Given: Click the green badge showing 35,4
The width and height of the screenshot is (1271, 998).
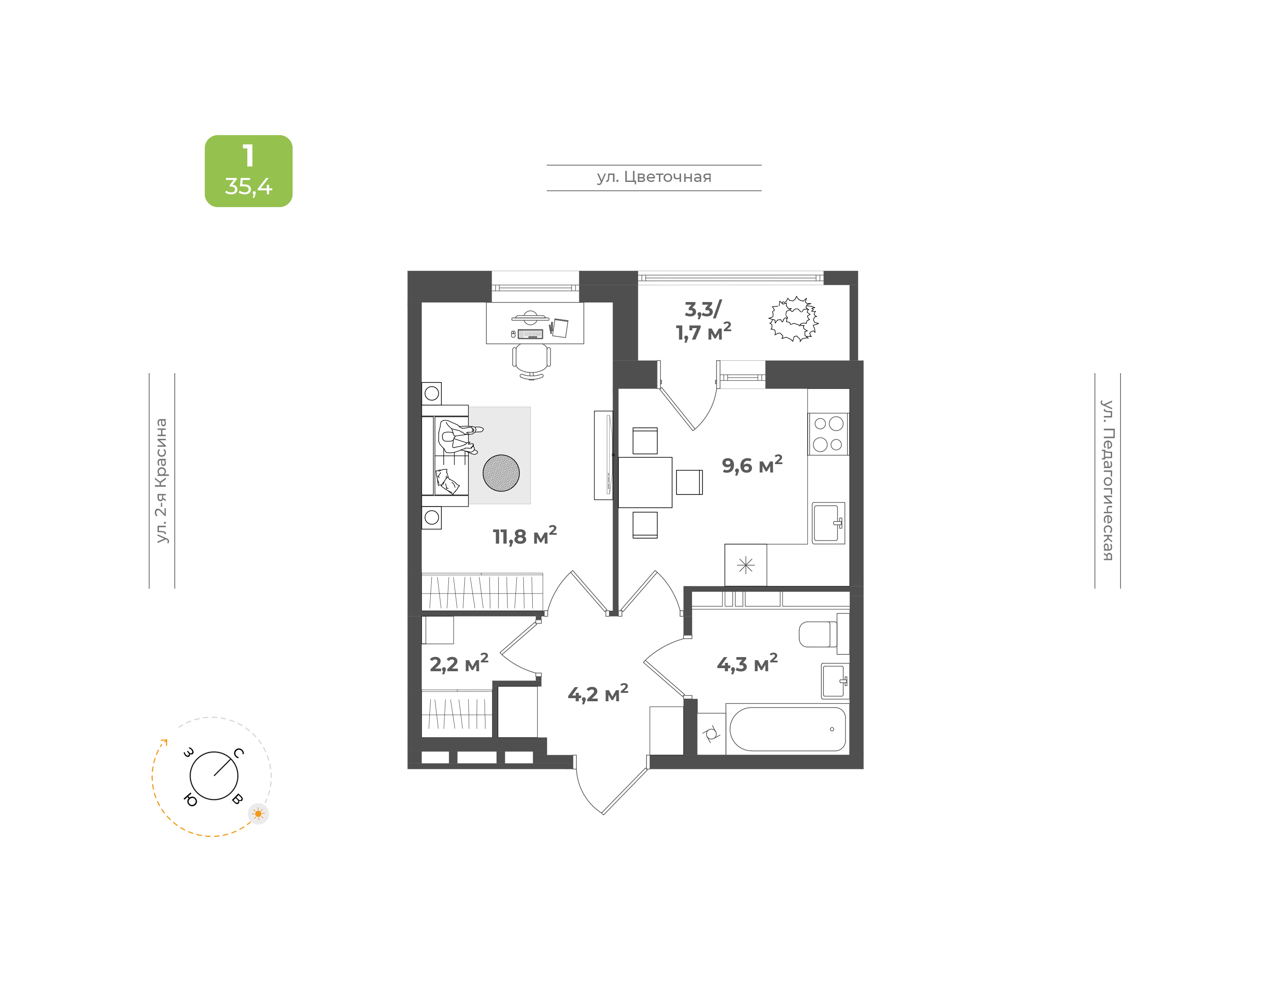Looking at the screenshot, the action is click(x=248, y=170).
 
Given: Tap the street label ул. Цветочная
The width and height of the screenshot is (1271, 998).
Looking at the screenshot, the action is click(x=654, y=177).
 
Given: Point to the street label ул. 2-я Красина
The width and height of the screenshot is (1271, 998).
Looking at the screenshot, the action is click(x=161, y=480).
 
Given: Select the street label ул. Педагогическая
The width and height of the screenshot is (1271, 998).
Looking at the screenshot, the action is click(x=1107, y=480).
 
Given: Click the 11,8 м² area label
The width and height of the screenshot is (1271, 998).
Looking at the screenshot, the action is click(x=524, y=535).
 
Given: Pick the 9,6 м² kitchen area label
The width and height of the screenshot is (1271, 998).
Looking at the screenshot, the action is click(x=752, y=465).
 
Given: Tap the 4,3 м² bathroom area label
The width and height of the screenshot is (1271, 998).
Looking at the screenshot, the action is click(x=747, y=663).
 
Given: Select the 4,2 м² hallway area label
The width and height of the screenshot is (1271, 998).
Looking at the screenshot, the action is click(x=598, y=694).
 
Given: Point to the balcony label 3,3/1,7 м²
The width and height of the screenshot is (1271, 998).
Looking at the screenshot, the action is click(x=703, y=320).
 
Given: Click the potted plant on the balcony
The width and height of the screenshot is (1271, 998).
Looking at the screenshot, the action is click(x=793, y=318).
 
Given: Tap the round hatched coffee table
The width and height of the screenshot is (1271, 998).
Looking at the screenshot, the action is click(x=501, y=473).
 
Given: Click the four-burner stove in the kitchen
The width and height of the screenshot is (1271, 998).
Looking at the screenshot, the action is click(x=828, y=434).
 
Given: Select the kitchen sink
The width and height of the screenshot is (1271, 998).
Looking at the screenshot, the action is click(x=828, y=523).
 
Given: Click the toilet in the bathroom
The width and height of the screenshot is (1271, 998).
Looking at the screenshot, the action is click(x=823, y=634).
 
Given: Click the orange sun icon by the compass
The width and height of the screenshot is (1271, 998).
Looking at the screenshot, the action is click(x=258, y=813).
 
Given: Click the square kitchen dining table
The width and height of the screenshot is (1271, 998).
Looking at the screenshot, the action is click(x=645, y=482).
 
